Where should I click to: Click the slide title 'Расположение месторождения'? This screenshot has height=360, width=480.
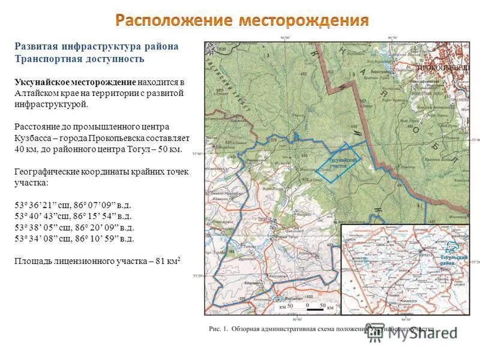pyautogui.click(x=242, y=20)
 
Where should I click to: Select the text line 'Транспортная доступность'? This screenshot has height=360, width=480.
pyautogui.click(x=79, y=59)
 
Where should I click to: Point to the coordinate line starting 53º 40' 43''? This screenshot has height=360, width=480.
pyautogui.click(x=73, y=216)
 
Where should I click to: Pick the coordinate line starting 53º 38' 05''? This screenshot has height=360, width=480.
pyautogui.click(x=74, y=227)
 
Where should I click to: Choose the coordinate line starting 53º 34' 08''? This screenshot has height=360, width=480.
pyautogui.click(x=74, y=239)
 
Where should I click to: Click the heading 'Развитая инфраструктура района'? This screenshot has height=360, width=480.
pyautogui.click(x=96, y=47)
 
